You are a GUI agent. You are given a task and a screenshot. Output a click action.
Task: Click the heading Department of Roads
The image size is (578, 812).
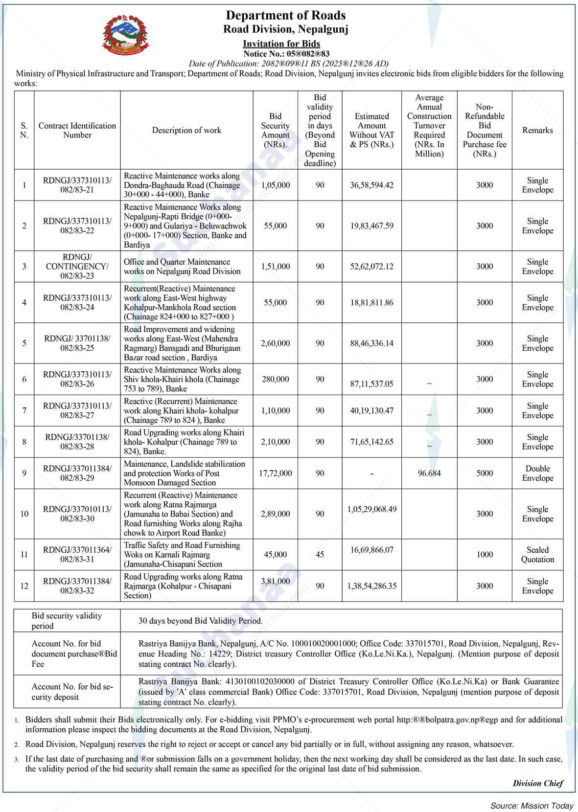point(285,16)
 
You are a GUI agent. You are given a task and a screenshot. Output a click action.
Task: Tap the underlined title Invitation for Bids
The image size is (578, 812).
point(281,44)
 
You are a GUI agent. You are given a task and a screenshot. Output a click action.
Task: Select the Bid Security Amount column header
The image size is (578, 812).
point(275,130)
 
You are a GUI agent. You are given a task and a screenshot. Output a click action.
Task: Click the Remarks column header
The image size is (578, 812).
point(537,130)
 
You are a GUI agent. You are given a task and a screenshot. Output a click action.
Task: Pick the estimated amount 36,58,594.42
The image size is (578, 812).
point(371,185)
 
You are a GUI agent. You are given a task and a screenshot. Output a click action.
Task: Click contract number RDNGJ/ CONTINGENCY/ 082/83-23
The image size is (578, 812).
point(77,267)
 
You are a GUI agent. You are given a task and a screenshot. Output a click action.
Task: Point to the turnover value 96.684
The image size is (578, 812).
point(429,474)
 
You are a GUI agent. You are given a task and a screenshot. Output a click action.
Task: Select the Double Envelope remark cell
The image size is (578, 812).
point(537,474)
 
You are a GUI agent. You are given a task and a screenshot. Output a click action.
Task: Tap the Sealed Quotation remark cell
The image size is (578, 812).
point(537,555)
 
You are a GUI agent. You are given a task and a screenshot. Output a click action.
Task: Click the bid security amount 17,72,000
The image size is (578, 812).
point(275,474)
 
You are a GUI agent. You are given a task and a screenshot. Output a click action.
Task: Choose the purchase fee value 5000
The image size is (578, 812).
point(485,474)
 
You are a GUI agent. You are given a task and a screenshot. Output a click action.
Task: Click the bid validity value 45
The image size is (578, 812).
point(320,555)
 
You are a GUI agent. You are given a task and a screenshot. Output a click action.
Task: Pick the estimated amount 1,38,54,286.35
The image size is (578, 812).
point(371,586)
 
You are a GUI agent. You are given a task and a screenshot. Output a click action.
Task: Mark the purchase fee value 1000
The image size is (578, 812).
point(485,555)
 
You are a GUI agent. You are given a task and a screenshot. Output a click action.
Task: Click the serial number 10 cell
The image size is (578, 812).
point(24,514)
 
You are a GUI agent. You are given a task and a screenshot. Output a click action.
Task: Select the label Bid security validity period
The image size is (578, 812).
point(67,621)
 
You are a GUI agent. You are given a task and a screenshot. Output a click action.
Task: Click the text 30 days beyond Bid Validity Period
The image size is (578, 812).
point(200,621)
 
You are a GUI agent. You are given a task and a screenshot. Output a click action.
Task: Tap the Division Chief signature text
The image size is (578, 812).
point(538,783)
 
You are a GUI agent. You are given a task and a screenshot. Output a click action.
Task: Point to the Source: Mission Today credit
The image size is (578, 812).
point(532,806)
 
